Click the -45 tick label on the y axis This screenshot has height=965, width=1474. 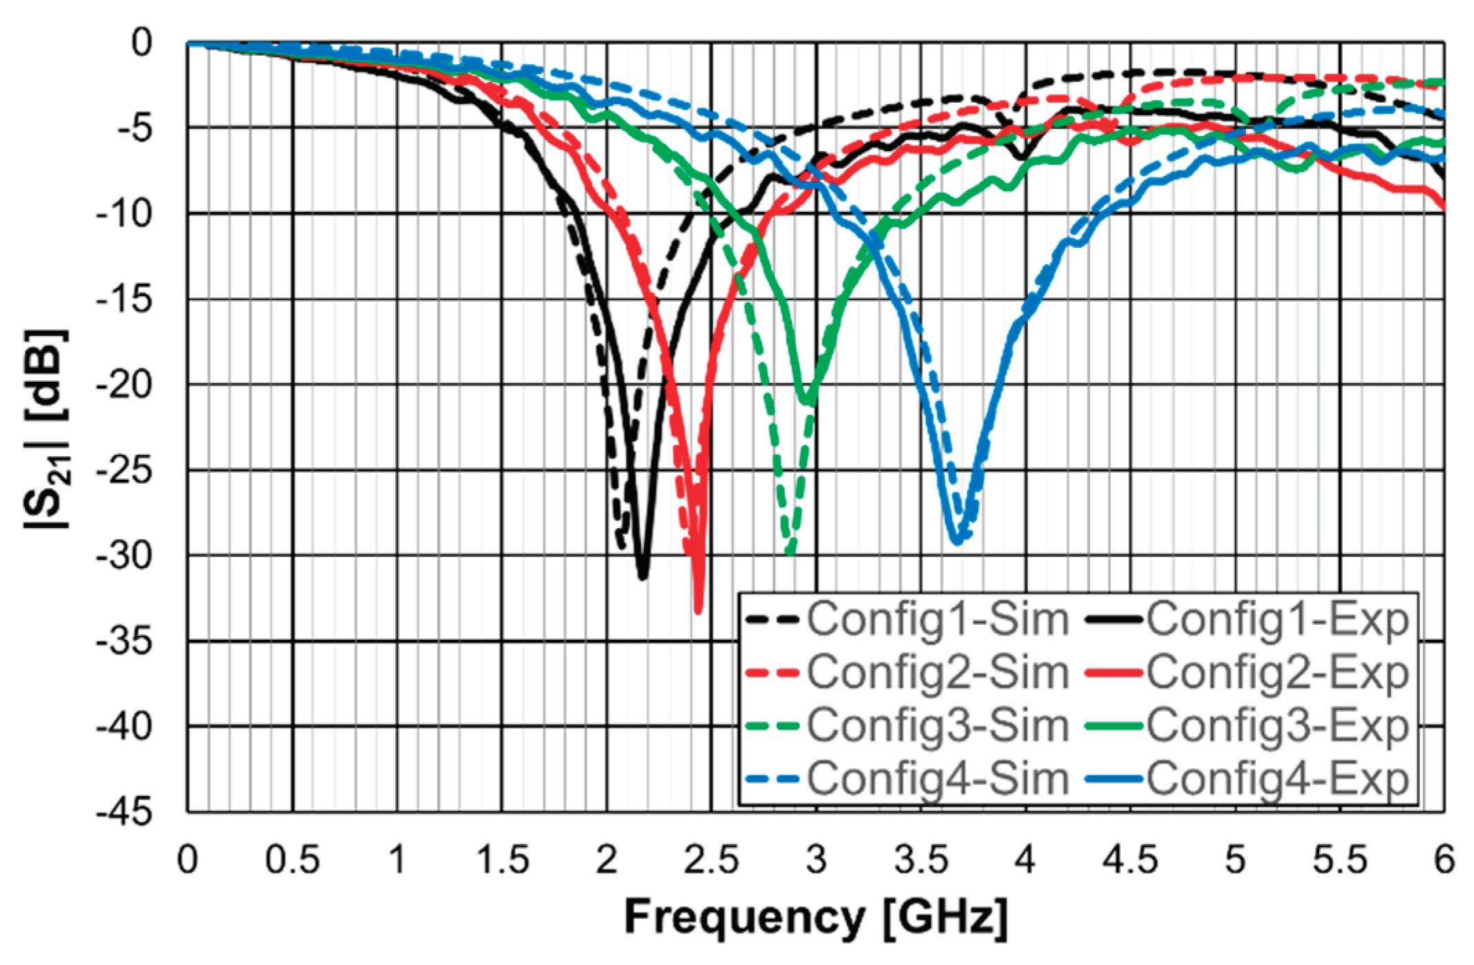[x=124, y=812]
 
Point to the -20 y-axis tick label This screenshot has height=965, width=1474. [x=124, y=385]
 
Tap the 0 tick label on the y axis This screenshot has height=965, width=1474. [x=142, y=43]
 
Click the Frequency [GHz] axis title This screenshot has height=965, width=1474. [x=815, y=917]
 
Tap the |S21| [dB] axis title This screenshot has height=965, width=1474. [x=47, y=428]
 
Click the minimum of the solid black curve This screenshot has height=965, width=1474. [x=643, y=577]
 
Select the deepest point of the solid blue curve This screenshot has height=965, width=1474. [x=956, y=543]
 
